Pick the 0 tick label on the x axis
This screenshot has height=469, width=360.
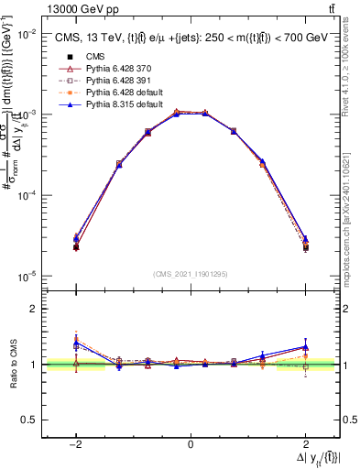190,443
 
